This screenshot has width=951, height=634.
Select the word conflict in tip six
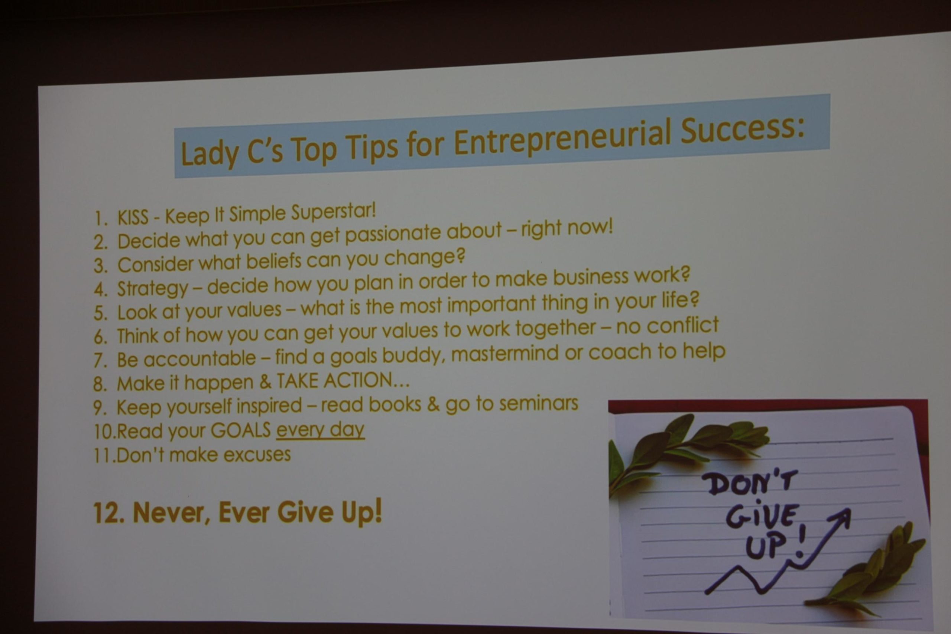(682, 325)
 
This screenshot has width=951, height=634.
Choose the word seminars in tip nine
(539, 403)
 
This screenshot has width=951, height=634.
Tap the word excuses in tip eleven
(257, 455)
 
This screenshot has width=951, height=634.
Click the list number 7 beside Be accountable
(99, 360)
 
